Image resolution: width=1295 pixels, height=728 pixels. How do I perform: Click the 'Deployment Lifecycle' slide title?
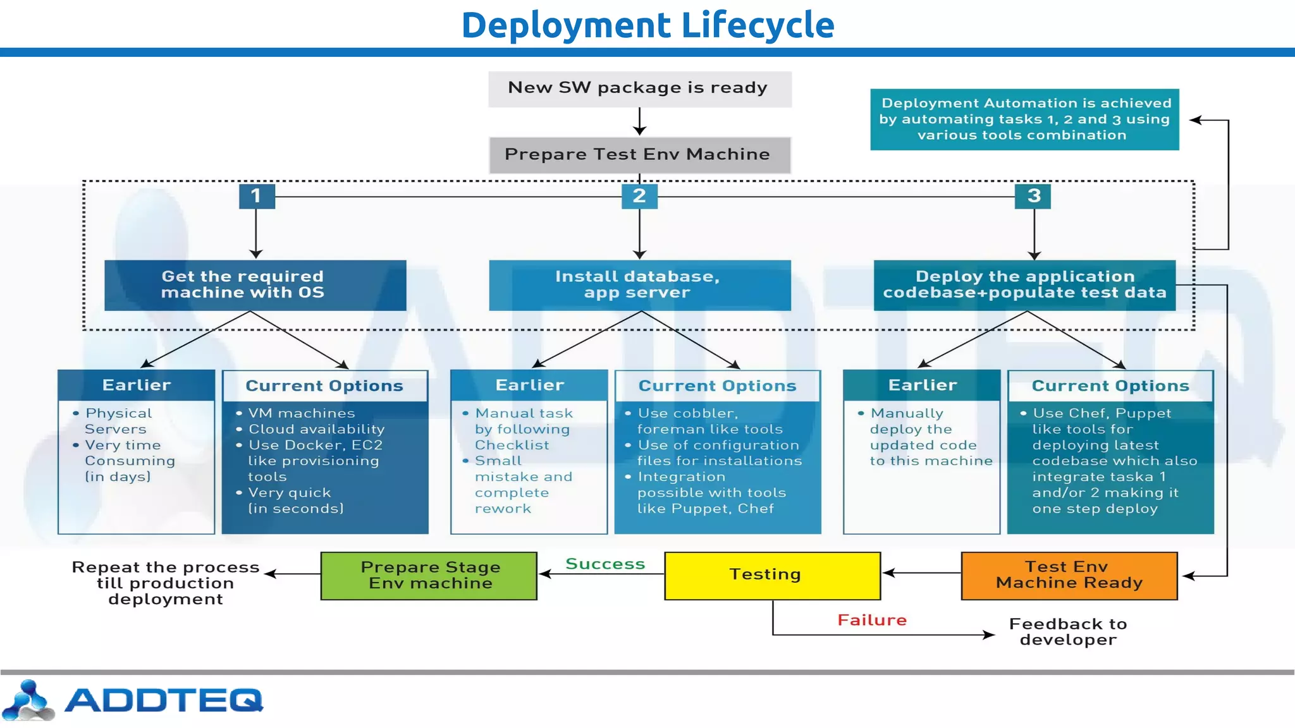coord(647,25)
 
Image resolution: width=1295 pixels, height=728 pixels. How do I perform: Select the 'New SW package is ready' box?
coord(639,88)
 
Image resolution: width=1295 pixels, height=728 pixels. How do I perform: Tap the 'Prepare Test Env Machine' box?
coord(639,155)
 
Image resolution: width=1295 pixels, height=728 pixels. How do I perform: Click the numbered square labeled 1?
coord(256,196)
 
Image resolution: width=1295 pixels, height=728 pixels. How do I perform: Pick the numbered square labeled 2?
coord(639,196)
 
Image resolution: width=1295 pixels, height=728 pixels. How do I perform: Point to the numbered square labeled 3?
coord(1033,196)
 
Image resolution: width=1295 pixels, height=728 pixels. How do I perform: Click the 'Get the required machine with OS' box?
coord(255,285)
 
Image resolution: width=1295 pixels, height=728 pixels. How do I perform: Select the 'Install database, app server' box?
coord(639,285)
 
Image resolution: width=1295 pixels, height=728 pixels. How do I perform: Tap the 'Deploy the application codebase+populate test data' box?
coord(1024,285)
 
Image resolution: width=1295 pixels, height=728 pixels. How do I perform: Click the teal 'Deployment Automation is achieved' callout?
coord(1024,119)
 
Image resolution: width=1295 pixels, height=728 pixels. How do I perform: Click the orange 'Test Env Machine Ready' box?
coord(1069,575)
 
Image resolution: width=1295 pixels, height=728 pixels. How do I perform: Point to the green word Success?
coord(605,564)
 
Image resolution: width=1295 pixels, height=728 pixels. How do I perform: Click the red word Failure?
coord(872,620)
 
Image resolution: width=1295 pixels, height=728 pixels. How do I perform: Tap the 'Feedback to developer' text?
coord(1068,631)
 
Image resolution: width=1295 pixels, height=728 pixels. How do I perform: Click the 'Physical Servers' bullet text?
coord(118,421)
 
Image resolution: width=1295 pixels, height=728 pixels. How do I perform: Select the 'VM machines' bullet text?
coord(302,413)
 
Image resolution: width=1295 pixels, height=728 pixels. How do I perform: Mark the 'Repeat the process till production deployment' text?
coord(166,583)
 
